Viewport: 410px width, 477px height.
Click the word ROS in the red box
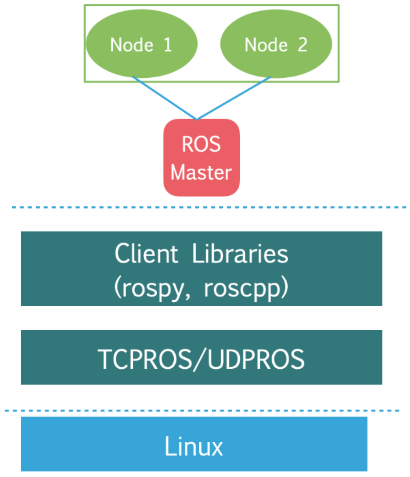(x=201, y=144)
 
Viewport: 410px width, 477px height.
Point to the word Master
(x=201, y=172)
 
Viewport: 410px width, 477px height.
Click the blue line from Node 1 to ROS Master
(x=164, y=98)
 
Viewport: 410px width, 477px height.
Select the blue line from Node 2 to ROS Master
(x=233, y=98)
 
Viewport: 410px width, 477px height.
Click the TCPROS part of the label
(x=145, y=359)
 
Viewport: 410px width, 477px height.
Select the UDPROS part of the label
(x=256, y=359)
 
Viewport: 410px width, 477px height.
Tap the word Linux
(x=193, y=446)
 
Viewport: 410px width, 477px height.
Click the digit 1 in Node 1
(x=167, y=45)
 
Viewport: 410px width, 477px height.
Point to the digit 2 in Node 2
(x=302, y=45)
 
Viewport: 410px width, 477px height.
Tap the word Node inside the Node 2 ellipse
(x=266, y=45)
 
